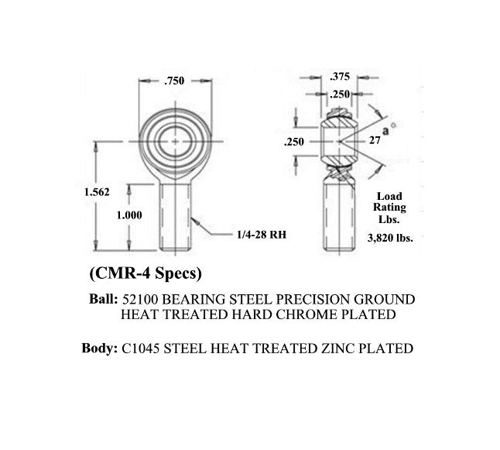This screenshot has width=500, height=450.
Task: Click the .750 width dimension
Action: coord(174,81)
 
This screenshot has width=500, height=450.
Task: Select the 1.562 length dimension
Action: coord(97,192)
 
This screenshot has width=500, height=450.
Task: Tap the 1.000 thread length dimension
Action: coord(129,215)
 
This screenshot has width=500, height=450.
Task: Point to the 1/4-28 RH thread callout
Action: coord(262,235)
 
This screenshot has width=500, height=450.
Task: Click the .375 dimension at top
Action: coord(340,77)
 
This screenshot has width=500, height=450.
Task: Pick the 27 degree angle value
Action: coord(375,140)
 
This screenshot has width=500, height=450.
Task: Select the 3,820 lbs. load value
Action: coord(390,238)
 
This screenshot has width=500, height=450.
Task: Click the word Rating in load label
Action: coord(389,208)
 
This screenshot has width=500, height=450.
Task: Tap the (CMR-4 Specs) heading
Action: coord(146,273)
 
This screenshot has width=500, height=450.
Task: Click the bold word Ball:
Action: coord(103,300)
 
